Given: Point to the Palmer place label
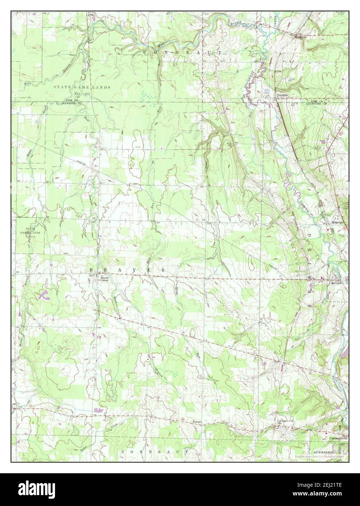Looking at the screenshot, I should coord(197,422).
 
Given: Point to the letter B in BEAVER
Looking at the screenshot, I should coord(91,270).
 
